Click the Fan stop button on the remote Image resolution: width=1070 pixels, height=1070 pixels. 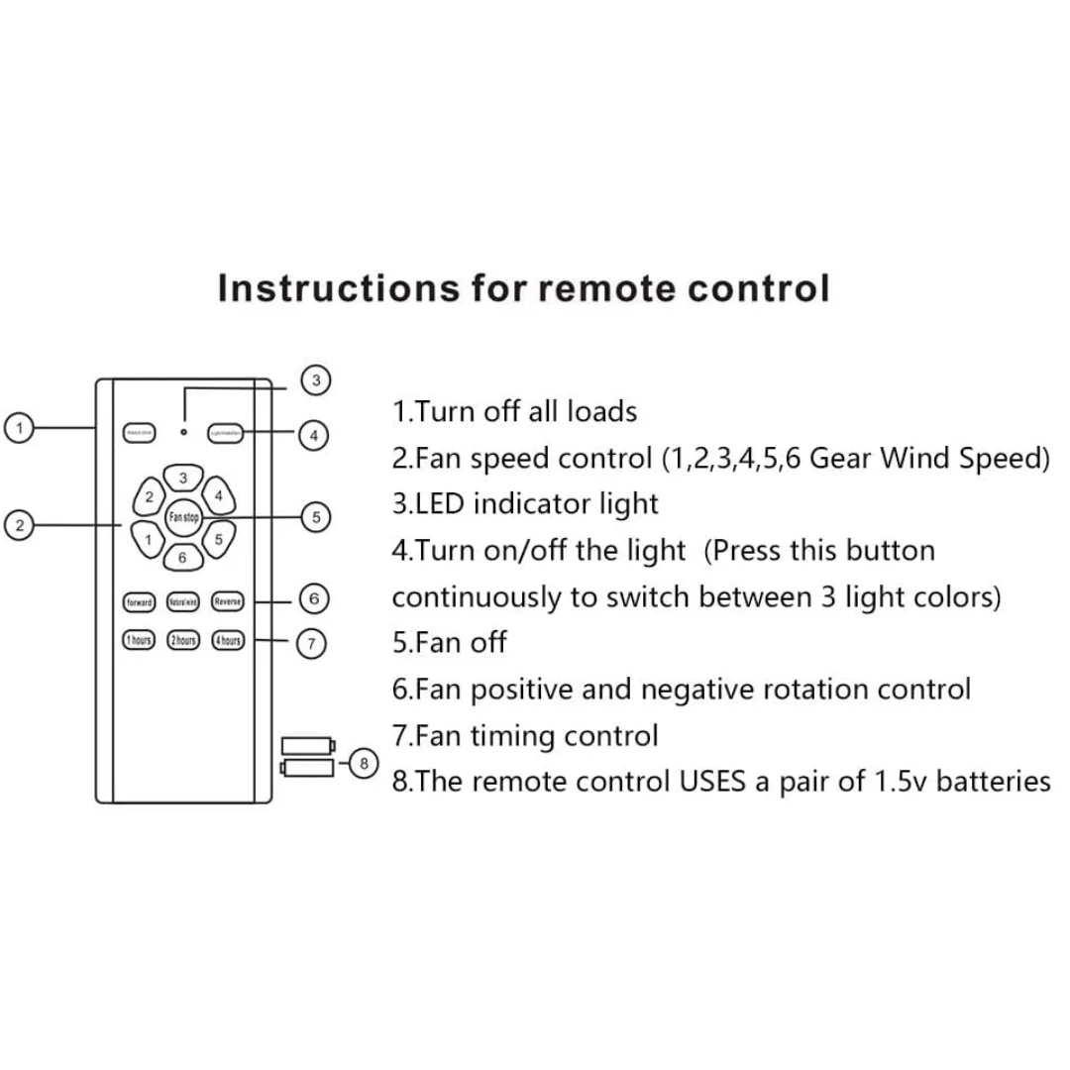[183, 516]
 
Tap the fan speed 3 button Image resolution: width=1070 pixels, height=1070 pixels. [183, 479]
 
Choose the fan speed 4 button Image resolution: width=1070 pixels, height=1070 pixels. [218, 494]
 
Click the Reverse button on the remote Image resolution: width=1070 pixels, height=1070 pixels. [227, 601]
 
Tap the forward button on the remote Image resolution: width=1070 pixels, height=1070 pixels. [138, 601]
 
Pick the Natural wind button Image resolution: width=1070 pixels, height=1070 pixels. [182, 601]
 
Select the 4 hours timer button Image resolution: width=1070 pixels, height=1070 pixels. [227, 641]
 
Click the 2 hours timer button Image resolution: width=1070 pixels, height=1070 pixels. [182, 641]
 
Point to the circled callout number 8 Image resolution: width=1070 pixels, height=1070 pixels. [364, 763]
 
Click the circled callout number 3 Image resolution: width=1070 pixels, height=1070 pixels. [315, 379]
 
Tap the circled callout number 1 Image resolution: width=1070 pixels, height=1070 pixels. [19, 428]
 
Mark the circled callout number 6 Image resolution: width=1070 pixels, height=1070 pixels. [313, 598]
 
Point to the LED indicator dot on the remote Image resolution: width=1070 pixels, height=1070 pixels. [183, 431]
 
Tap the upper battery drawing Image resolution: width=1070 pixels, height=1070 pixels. [308, 745]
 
